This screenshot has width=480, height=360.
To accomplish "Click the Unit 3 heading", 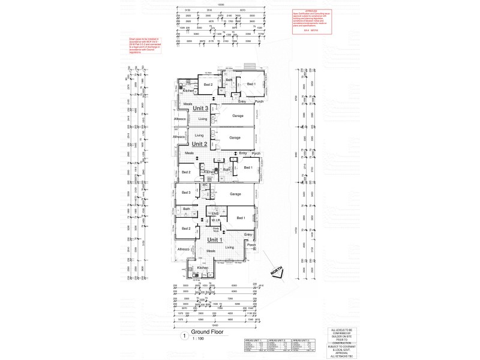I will tap(200, 108).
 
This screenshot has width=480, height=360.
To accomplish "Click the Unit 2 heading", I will tap(200, 145).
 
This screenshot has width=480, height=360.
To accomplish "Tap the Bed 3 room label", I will tap(185, 193).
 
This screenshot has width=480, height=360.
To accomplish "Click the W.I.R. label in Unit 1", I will tap(217, 221).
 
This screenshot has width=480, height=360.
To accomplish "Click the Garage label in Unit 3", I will tap(234, 115).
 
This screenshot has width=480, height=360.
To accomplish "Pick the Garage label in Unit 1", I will tap(235, 194).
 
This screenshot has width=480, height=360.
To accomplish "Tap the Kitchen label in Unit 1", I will tap(202, 268).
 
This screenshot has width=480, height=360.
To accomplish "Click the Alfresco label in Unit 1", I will tap(184, 249).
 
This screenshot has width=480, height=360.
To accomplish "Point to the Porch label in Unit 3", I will tap(259, 101).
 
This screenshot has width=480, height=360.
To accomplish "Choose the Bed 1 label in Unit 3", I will tap(251, 84).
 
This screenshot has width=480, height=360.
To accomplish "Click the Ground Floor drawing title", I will tap(208, 332).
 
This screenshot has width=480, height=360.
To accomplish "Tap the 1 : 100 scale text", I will tap(199, 339).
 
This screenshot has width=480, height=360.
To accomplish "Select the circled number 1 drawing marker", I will tap(183, 335).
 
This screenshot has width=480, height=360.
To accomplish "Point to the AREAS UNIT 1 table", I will tap(256, 346).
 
